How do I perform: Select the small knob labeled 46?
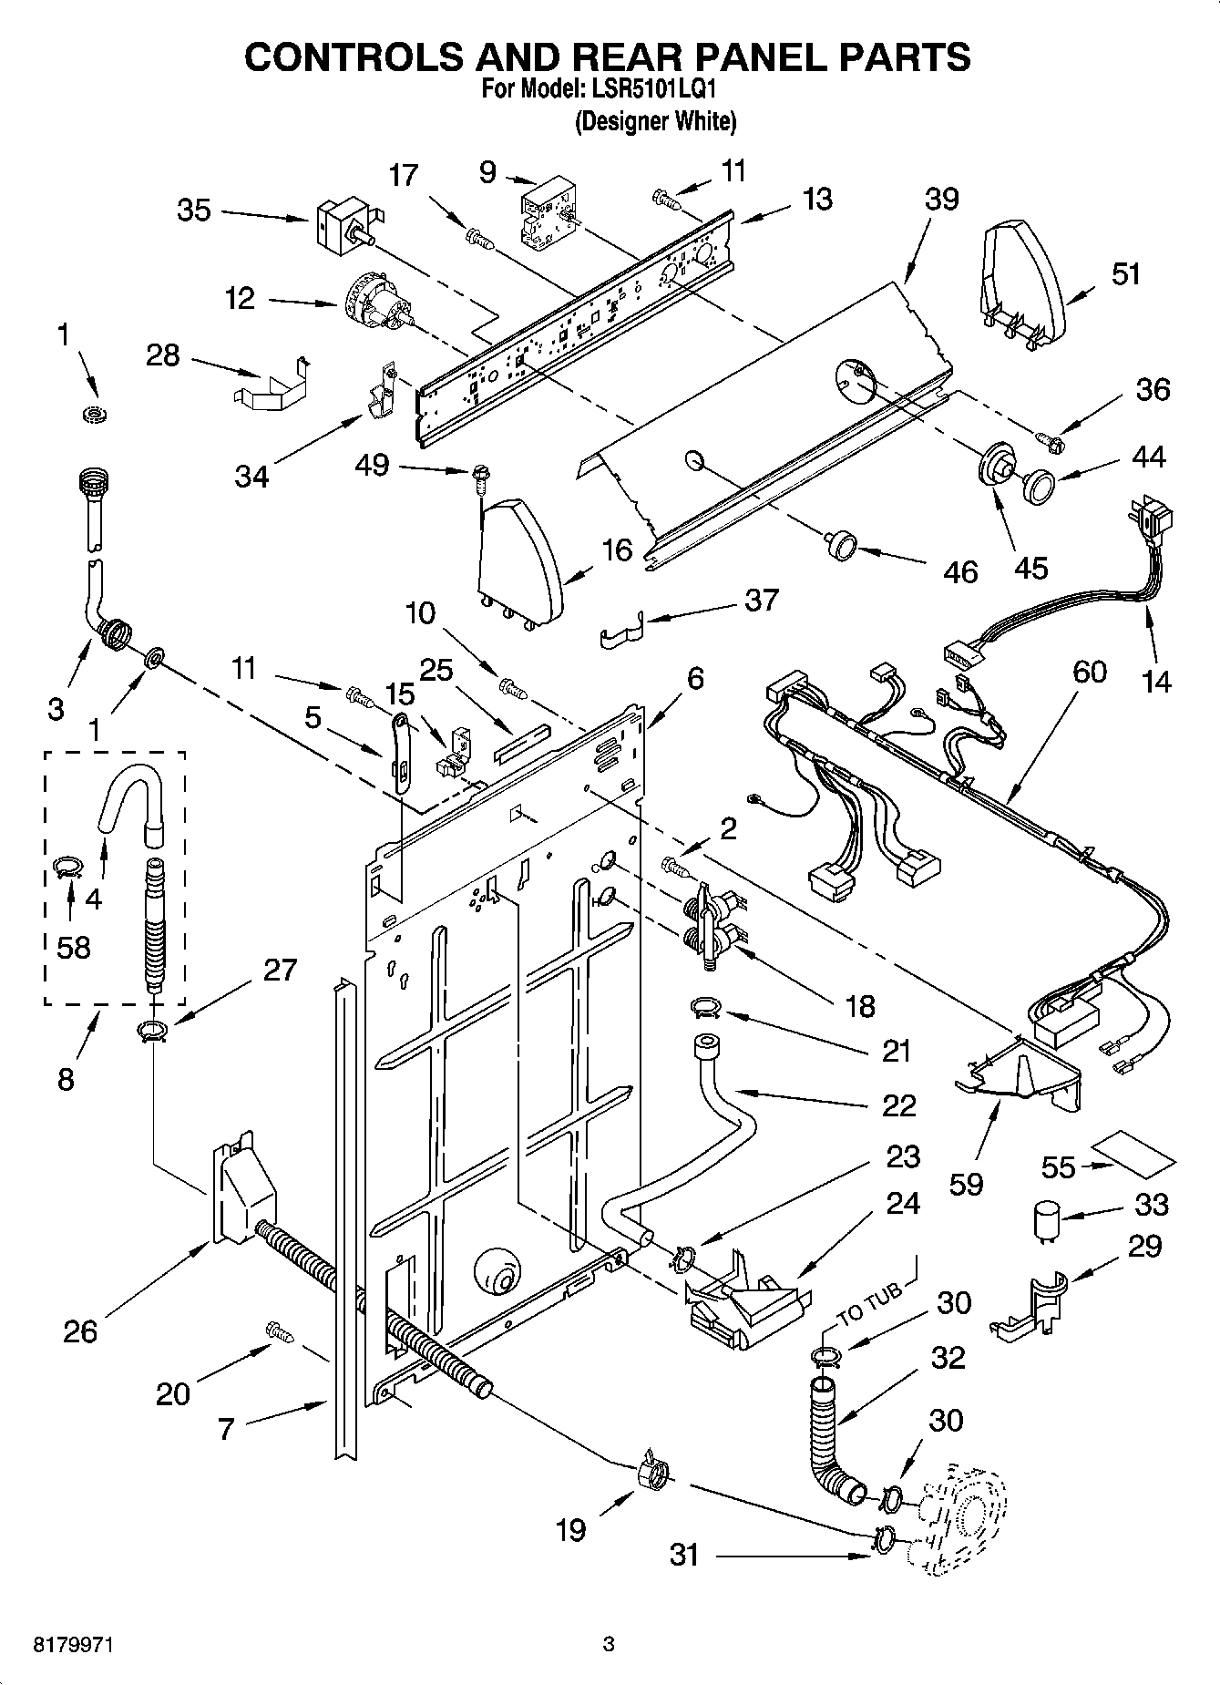[x=840, y=545]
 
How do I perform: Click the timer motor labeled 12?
[x=375, y=306]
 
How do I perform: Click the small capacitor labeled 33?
[x=1045, y=1219]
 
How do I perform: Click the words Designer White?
[x=655, y=121]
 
